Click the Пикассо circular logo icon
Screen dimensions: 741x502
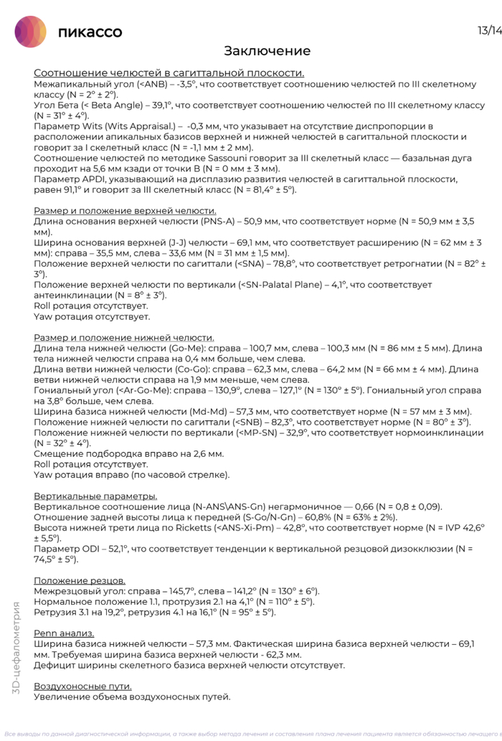[31, 32]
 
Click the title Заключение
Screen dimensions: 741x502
[267, 51]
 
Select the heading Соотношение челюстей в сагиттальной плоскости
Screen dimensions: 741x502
[169, 73]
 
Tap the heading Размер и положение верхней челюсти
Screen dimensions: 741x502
[125, 211]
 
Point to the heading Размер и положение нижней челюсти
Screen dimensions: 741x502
[124, 338]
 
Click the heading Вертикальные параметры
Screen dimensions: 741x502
[95, 496]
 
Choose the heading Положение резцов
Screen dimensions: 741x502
[80, 580]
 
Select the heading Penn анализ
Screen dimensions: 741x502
[64, 633]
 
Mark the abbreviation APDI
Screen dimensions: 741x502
[93, 179]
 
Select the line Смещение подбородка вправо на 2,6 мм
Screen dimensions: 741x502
[129, 454]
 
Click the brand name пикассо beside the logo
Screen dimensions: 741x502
[90, 32]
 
